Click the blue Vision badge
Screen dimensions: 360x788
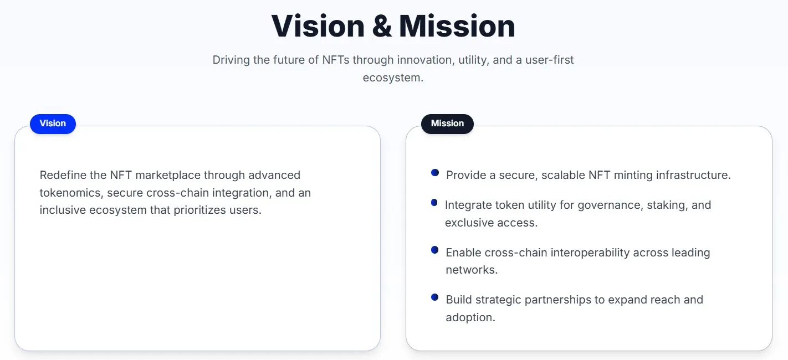click(53, 124)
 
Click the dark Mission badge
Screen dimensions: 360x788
click(447, 124)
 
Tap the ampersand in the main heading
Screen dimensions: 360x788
click(382, 26)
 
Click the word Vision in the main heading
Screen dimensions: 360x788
click(318, 26)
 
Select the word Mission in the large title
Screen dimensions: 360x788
click(457, 26)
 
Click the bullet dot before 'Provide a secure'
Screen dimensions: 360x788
click(435, 173)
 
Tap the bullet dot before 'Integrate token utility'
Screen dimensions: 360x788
click(434, 203)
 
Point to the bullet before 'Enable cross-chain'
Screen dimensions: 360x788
click(435, 250)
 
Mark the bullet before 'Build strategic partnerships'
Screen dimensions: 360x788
click(435, 297)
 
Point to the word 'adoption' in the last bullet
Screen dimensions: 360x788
click(470, 317)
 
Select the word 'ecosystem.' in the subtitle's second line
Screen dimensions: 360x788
click(393, 78)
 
